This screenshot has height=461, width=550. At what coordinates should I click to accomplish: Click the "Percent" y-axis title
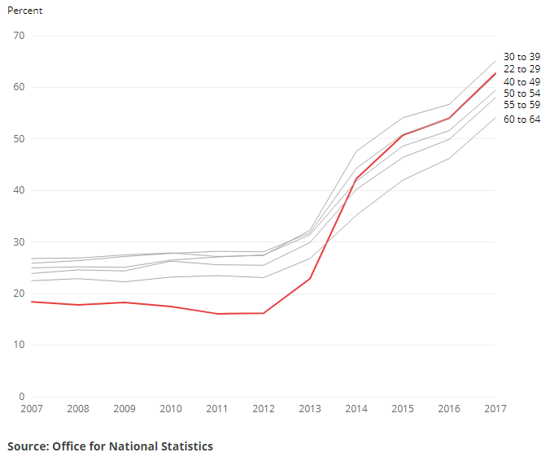coord(24,11)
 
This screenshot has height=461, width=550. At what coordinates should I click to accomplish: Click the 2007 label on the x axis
coord(31,409)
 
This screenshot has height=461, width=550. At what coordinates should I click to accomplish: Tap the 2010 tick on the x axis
coord(170,409)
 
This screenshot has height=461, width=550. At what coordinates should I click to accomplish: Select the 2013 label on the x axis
coord(309,409)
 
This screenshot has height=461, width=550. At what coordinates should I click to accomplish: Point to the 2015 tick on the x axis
coord(402,409)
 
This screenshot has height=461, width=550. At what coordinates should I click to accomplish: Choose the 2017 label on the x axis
coord(495,409)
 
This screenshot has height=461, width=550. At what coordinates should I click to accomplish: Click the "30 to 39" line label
coord(522,57)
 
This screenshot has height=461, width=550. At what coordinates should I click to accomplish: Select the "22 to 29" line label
coord(522,69)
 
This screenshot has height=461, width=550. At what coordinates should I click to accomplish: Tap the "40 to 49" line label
coord(522,81)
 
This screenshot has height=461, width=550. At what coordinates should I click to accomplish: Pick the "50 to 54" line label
coord(522,94)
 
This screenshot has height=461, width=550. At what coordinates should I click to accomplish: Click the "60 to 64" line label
coord(522,120)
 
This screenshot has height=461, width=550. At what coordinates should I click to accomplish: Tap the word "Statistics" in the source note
coord(183,446)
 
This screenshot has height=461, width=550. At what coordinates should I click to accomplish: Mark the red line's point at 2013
coord(309,279)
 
